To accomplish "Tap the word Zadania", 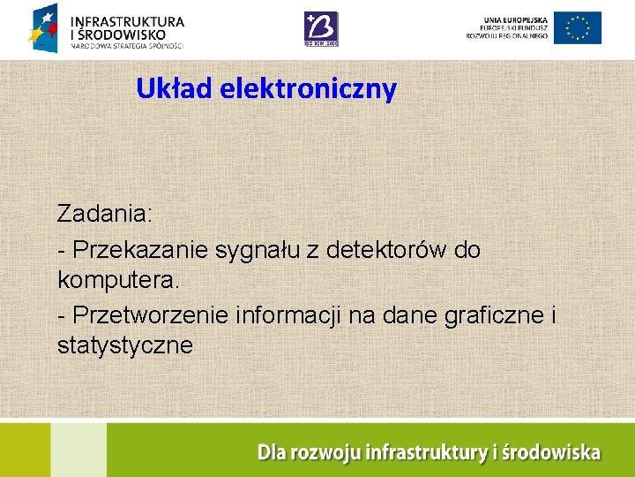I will click(105, 214).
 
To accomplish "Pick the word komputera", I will click(118, 281).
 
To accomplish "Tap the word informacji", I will click(295, 314).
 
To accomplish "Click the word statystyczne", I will click(124, 345).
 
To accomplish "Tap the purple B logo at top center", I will click(321, 28).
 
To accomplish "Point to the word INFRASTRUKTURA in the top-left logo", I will click(127, 20).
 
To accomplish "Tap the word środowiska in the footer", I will click(551, 453).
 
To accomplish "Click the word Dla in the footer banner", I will click(271, 453).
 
